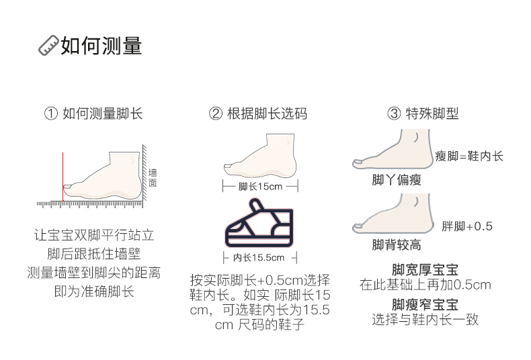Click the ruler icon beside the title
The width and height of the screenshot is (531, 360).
click(x=48, y=46)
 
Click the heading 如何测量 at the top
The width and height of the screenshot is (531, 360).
click(x=101, y=46)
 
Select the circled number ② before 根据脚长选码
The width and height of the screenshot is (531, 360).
click(x=215, y=114)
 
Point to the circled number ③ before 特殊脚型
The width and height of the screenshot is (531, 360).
click(x=393, y=114)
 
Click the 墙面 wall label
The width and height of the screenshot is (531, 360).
click(x=153, y=177)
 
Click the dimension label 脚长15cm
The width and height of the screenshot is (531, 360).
click(x=260, y=186)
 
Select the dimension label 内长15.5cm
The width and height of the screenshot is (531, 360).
click(x=259, y=257)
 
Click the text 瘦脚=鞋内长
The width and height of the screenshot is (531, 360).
click(x=469, y=156)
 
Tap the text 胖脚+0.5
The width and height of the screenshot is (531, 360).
click(x=467, y=226)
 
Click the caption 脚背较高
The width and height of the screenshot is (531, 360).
click(x=397, y=245)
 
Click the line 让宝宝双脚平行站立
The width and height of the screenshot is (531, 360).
click(x=94, y=236)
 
